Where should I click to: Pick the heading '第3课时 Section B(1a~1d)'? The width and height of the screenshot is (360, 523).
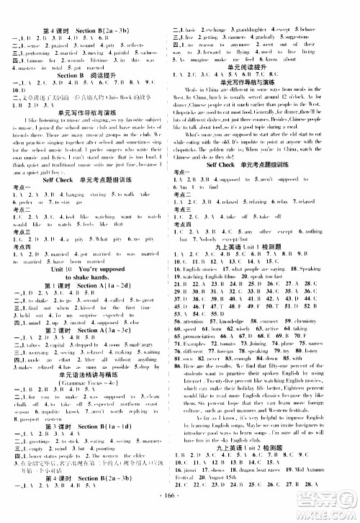pyautogui.click(x=91, y=447)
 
